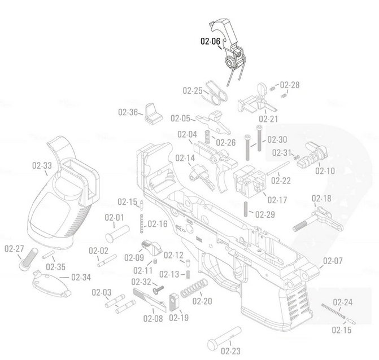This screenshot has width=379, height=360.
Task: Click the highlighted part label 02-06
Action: tap(210, 41)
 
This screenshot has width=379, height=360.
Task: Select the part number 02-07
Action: tap(332, 261)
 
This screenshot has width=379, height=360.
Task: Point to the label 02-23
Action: tap(232, 351)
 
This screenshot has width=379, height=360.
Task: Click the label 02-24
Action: tap(342, 302)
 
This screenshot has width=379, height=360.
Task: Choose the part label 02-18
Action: tap(321, 199)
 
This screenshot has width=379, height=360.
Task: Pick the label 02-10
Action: tap(325, 170)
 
